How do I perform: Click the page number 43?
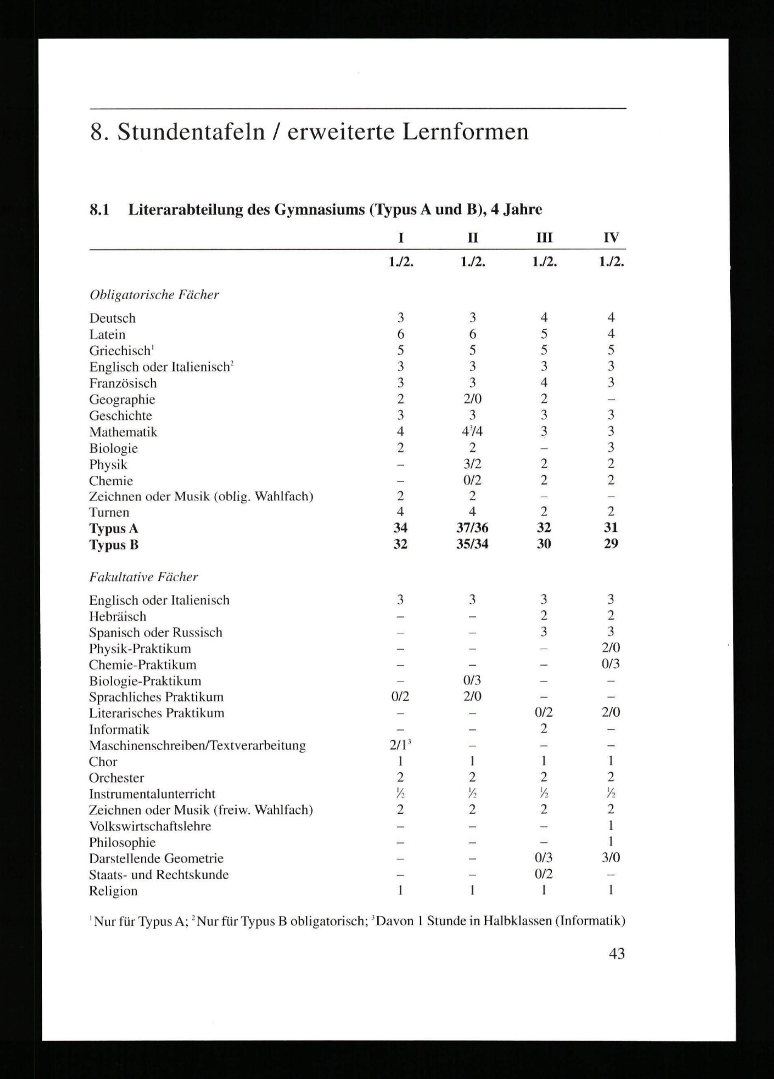[x=616, y=954]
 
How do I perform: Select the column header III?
[x=544, y=237]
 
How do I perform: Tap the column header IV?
[x=611, y=237]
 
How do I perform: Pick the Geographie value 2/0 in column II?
[x=472, y=399]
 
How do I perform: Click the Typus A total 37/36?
[x=472, y=528]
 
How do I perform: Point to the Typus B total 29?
[x=611, y=544]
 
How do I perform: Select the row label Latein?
[x=107, y=335]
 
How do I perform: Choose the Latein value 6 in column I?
[x=400, y=334]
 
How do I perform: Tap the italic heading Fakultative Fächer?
[x=143, y=577]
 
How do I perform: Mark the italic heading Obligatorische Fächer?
[x=154, y=295]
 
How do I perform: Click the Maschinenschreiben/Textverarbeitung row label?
[x=197, y=746]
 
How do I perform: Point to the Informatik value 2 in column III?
[x=544, y=729]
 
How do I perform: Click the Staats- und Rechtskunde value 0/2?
[x=544, y=874]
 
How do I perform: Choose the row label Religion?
[x=113, y=891]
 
